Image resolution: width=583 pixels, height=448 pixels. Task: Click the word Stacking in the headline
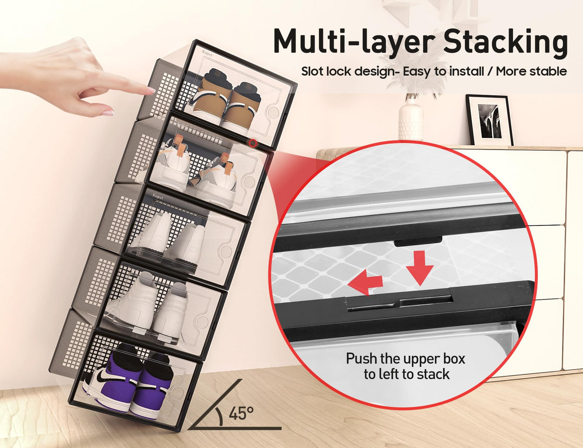(505, 42)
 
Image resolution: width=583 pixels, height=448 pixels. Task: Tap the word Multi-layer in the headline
(354, 42)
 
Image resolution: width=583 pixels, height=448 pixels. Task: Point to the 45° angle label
(241, 413)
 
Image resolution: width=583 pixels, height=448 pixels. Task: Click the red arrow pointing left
(365, 282)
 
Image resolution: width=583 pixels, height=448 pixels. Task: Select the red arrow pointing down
(420, 267)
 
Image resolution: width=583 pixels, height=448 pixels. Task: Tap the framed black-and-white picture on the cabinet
(489, 120)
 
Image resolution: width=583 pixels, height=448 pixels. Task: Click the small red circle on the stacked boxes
(253, 142)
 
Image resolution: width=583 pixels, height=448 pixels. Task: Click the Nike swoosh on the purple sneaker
(104, 377)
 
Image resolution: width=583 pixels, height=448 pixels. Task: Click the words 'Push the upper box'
(406, 359)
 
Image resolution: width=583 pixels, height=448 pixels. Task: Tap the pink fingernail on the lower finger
(108, 113)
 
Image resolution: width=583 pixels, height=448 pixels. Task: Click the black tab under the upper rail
(418, 241)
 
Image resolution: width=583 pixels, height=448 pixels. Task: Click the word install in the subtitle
(467, 72)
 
